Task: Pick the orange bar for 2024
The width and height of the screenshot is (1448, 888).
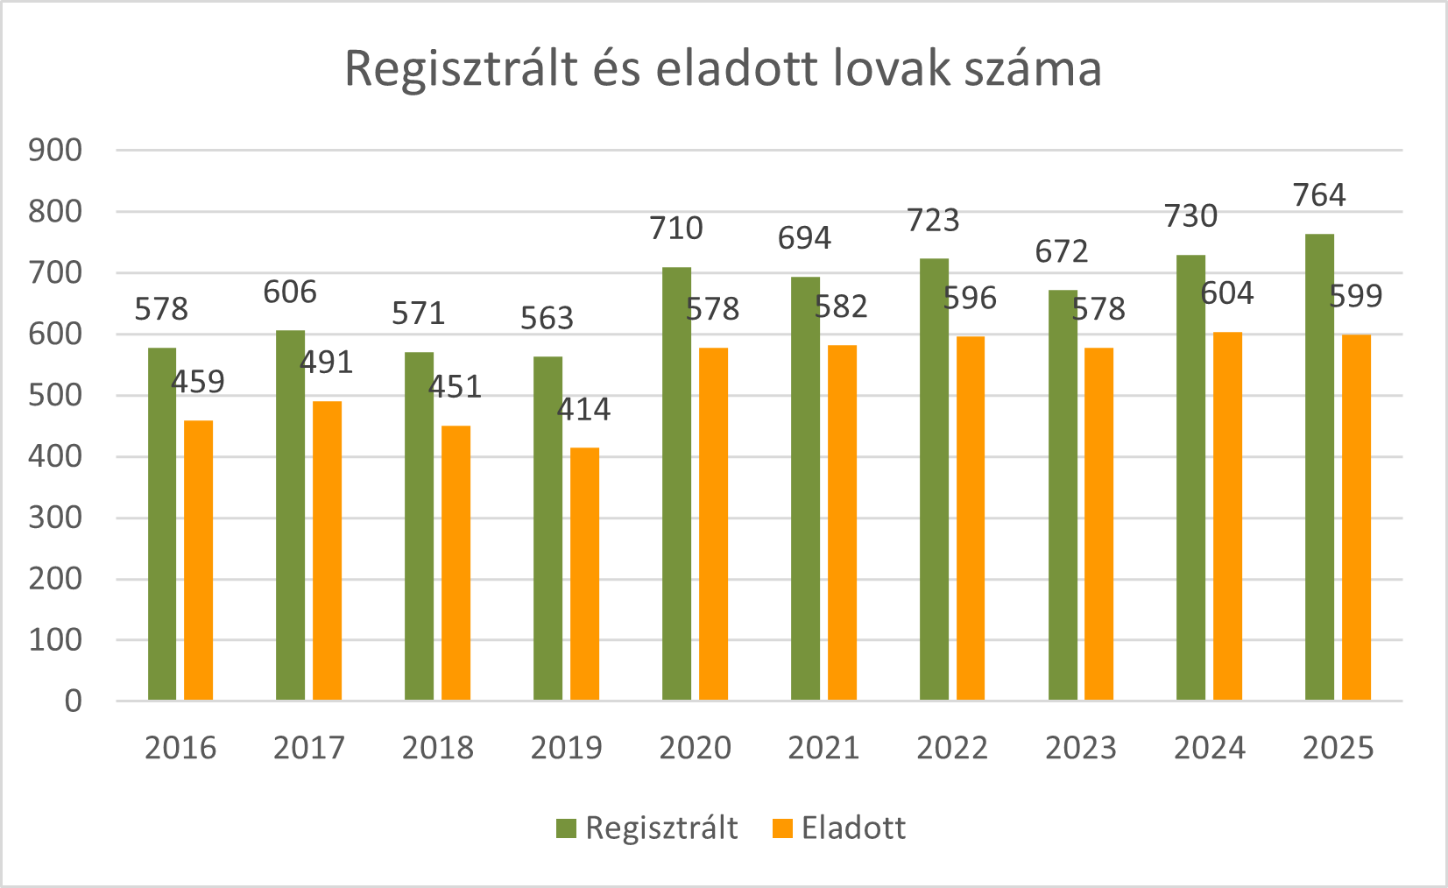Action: point(1227,516)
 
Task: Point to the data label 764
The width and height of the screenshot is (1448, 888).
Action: point(1319,195)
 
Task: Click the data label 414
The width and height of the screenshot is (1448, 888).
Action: point(584,409)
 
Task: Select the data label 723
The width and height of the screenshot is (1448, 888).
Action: point(933,221)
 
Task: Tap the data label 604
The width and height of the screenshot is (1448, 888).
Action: point(1227,293)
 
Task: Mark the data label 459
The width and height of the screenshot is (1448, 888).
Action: point(198,382)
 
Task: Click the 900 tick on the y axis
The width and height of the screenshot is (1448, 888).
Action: point(55,151)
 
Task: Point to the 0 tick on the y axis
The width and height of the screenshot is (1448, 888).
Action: point(73,701)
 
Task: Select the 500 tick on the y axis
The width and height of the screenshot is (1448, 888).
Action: point(55,395)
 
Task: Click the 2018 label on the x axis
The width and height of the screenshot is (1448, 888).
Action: point(437,748)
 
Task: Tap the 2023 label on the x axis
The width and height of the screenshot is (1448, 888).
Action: point(1080,748)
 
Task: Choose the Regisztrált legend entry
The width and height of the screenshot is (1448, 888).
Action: point(647,828)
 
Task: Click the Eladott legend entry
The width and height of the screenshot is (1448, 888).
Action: point(839,828)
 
